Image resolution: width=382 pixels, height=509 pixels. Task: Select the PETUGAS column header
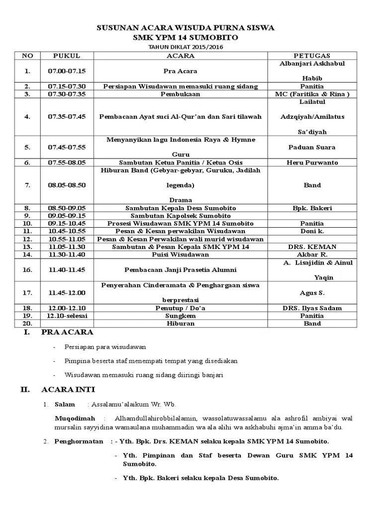tap(312, 55)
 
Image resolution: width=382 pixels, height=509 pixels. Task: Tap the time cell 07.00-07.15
tap(67, 71)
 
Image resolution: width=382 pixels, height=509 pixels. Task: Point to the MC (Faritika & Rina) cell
tap(312, 93)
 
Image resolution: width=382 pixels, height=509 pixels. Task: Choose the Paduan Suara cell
tap(312, 147)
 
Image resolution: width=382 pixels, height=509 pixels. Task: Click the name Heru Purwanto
tap(312, 163)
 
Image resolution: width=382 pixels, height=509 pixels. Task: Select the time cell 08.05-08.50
tap(67, 185)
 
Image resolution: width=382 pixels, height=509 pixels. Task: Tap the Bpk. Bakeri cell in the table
tap(312, 208)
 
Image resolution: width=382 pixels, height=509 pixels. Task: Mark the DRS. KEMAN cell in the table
tap(312, 247)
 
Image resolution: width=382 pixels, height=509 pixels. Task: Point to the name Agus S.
tap(312, 293)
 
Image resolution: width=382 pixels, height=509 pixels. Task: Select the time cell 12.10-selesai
tap(67, 316)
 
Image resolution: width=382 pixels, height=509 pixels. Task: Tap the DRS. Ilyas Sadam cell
tap(312, 308)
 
